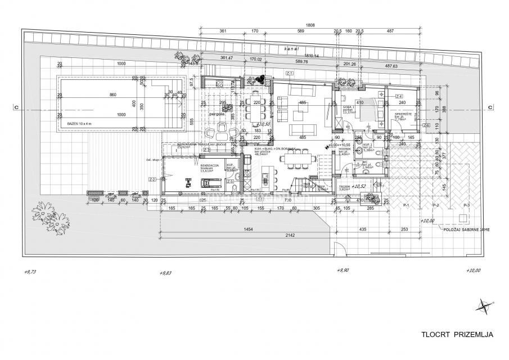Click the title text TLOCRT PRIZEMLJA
pyautogui.click(x=457, y=335)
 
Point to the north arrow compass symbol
pyautogui.click(x=482, y=306)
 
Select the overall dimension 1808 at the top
pyautogui.click(x=310, y=25)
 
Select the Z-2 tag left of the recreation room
pyautogui.click(x=152, y=179)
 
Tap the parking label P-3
pyautogui.click(x=465, y=206)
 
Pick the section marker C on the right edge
pyautogui.click(x=490, y=108)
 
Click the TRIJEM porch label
pyautogui.click(x=344, y=187)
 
